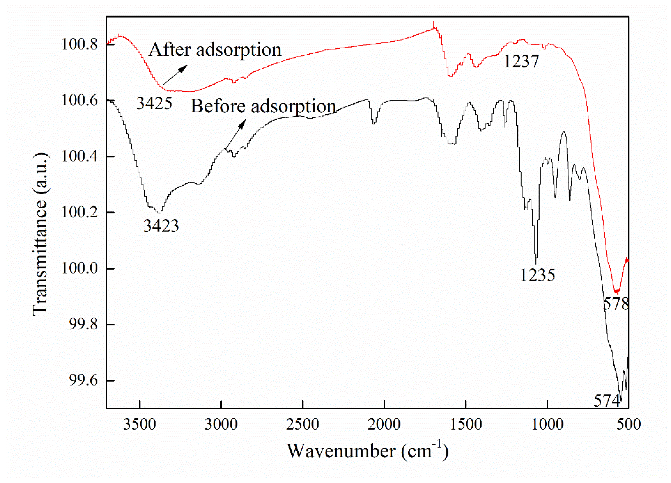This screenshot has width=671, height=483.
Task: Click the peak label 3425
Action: coord(154,104)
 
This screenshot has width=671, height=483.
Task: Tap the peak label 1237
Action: coord(521,62)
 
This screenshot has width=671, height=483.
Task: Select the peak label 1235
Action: coord(538,275)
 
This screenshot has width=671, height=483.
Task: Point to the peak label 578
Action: coord(616,304)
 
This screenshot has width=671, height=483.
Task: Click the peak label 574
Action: coord(607,401)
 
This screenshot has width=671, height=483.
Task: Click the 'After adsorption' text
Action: coord(215,50)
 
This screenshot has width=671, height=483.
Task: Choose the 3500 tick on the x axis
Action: coord(140,424)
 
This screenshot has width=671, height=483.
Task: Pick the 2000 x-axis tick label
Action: coord(384,424)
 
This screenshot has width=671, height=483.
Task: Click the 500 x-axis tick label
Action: coord(629,424)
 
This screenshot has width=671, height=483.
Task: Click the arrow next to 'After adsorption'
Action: coord(175,75)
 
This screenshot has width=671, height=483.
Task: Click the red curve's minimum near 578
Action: coord(616,292)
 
